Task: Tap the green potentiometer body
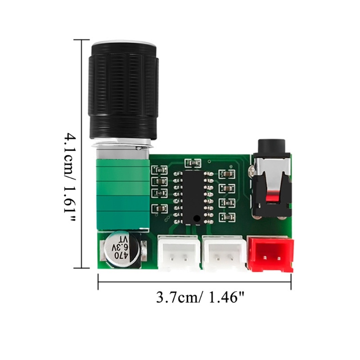[122, 189]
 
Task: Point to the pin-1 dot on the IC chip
[197, 219]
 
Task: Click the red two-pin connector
[270, 254]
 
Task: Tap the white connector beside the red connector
[224, 254]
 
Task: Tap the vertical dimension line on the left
[81, 153]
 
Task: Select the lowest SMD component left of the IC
[160, 208]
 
